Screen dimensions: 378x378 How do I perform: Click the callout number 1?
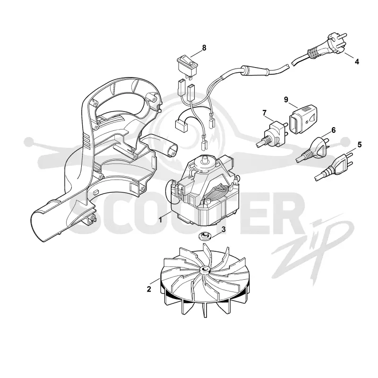tap(160, 220)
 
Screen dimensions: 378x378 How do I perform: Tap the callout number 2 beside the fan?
tap(149, 289)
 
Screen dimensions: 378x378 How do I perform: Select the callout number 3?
tap(223, 229)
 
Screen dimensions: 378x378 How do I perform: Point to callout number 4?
tap(357, 62)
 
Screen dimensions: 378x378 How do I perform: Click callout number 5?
tap(360, 145)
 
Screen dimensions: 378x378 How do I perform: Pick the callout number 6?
tap(334, 130)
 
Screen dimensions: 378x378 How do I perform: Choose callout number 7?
tap(265, 112)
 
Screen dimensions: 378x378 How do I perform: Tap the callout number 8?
tap(204, 48)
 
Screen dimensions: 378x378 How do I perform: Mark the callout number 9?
tap(286, 99)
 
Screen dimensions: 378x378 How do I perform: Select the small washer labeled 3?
tap(205, 235)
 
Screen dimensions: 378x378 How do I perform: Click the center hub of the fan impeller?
tap(205, 269)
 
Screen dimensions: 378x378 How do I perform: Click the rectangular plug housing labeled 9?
tap(303, 120)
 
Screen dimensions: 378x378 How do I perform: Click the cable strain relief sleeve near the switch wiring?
tap(255, 70)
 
